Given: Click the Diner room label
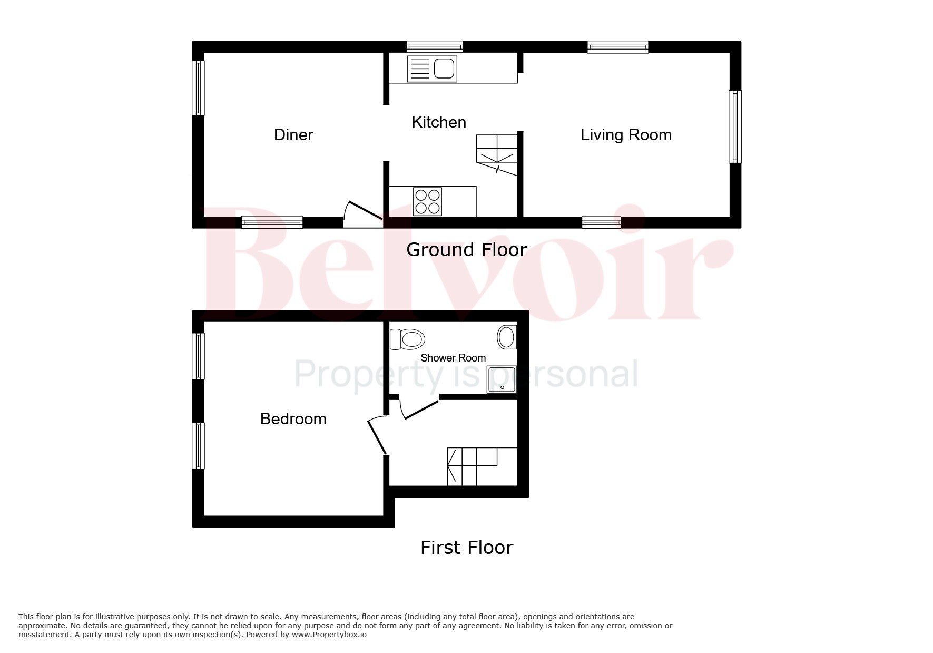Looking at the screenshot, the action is pos(293,135).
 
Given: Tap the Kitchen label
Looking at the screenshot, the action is pos(439,122).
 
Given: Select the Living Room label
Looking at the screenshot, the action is pos(626,135).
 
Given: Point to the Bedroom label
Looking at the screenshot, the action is pos(293,419).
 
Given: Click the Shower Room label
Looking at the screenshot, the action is pos(453,358).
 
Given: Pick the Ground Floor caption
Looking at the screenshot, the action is pos(467,250).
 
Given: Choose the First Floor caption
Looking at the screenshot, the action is pos(467,548).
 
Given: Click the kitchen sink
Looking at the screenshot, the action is pos(432,69).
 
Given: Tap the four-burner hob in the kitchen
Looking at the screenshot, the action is pos(428,201).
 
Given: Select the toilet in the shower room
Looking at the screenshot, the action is pos(407,339).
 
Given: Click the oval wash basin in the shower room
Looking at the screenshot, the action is pos(507,337).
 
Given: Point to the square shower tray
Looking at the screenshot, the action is pos(502,379).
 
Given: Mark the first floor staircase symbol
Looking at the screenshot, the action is pos(482,466).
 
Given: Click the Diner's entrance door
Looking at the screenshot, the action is pos(363,214).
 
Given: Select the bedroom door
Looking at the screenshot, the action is pos(377,435).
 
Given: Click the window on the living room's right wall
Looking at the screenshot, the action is pos(735,126).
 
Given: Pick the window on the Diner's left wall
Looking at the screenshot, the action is pos(198,88).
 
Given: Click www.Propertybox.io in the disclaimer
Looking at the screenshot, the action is pos(328,635).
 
